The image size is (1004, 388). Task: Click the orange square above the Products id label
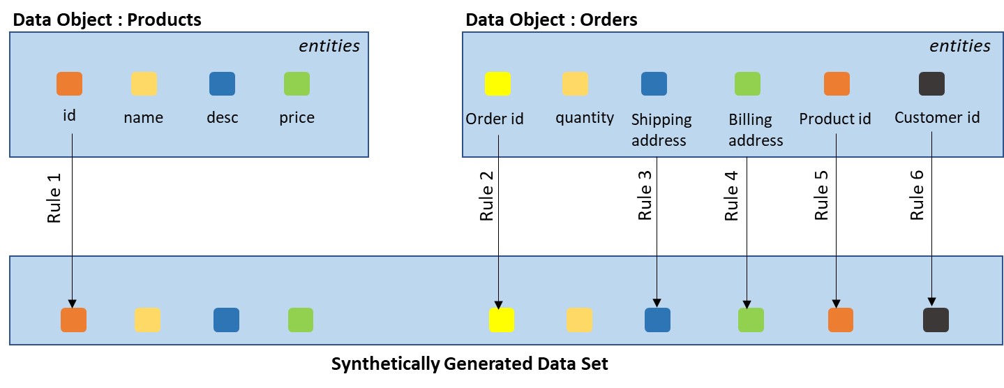[69, 84]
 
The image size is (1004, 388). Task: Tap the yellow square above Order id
[497, 84]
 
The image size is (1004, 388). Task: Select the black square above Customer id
[931, 84]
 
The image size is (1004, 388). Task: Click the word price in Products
[297, 117]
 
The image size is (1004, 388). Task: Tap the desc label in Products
[222, 117]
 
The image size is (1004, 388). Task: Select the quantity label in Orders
[585, 117]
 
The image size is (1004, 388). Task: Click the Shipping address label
[661, 130]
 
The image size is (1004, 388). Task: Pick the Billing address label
[756, 130]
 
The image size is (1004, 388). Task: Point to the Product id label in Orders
[835, 119]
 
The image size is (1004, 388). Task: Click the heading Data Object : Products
[107, 20]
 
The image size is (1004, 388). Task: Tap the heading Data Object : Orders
[551, 20]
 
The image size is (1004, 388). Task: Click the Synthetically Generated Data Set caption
[470, 364]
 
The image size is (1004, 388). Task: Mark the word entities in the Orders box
[959, 46]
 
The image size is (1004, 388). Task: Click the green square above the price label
[297, 84]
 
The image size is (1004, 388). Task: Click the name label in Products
[143, 117]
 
